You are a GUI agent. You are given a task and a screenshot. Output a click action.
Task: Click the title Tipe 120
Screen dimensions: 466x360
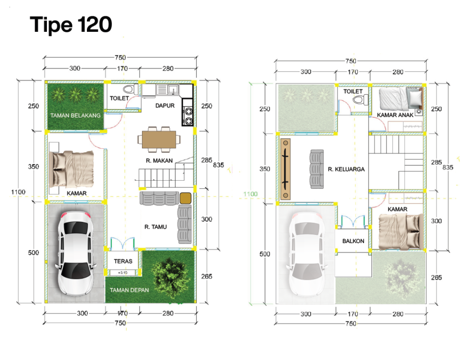(x=71, y=25)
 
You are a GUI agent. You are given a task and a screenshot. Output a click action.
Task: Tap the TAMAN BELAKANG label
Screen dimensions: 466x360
(x=76, y=115)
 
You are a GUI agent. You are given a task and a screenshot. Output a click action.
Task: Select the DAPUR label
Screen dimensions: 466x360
(x=165, y=106)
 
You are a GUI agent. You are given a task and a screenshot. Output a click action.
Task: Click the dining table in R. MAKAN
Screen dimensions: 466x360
(x=159, y=139)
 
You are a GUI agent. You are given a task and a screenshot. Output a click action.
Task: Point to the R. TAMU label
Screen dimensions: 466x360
(x=156, y=227)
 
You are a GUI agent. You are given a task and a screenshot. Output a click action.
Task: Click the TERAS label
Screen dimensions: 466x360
(x=123, y=261)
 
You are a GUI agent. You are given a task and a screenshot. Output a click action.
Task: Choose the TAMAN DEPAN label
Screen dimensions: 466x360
(x=129, y=290)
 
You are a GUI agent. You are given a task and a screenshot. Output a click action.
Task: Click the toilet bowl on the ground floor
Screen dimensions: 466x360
(x=130, y=89)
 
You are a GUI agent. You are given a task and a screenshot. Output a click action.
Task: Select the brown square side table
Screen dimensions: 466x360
(x=186, y=198)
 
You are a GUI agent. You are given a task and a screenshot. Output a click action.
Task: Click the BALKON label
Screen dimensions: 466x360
(x=353, y=241)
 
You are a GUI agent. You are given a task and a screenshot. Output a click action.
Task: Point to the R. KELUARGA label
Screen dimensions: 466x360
(x=346, y=169)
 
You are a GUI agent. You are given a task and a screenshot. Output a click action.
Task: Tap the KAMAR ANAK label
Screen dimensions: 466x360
(x=395, y=115)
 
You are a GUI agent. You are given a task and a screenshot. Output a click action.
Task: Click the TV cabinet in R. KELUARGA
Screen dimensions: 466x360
(x=285, y=169)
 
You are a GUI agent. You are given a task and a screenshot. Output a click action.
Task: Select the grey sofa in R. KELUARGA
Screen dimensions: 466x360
(x=317, y=169)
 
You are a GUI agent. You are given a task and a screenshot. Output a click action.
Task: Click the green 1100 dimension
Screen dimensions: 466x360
(x=250, y=194)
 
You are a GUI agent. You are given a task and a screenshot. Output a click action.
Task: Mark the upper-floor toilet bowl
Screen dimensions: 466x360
(x=360, y=99)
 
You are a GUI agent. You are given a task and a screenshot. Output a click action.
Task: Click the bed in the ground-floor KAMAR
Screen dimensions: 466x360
(x=71, y=169)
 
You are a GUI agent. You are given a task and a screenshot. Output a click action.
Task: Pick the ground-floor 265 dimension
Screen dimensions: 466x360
(x=207, y=276)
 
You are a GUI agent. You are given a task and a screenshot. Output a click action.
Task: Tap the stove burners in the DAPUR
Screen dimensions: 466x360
(x=188, y=116)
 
